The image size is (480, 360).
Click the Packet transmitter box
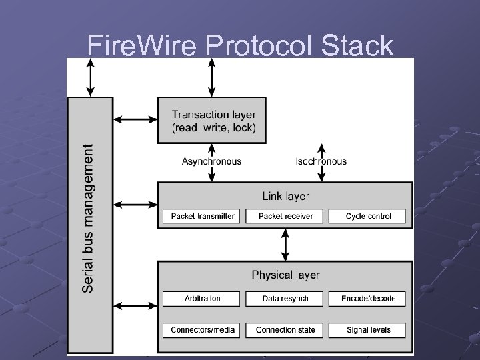[x=203, y=216]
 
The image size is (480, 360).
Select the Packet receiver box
[x=285, y=216]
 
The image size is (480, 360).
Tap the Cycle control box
[x=368, y=216]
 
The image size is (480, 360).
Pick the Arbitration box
[x=203, y=299]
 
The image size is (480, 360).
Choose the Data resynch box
[x=285, y=299]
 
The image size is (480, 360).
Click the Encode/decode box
[x=368, y=299]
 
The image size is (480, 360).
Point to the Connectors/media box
[x=203, y=330]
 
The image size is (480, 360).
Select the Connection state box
[x=285, y=330]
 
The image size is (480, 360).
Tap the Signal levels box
[x=368, y=330]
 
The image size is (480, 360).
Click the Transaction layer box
[x=211, y=120]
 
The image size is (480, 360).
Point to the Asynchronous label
[x=211, y=161]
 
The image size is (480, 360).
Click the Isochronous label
[x=321, y=161]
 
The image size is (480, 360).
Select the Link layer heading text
[x=285, y=196]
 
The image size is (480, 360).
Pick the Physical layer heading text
[x=285, y=275]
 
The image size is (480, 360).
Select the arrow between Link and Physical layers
[x=285, y=245]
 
